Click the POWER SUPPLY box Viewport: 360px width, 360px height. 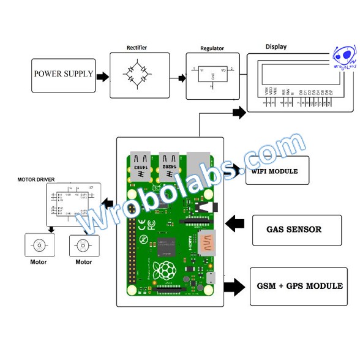coord(63,75)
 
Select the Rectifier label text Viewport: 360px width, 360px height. coord(137,48)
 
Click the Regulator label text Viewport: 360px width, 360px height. coord(212,48)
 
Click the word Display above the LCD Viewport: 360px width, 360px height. coord(276,47)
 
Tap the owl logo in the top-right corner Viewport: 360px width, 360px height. coord(343,58)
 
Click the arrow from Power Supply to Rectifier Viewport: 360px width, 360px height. coord(102,77)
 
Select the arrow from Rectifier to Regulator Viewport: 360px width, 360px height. coord(181,78)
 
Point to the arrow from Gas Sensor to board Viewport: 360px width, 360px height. coord(235,223)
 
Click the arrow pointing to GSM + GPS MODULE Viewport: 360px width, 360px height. coord(234,287)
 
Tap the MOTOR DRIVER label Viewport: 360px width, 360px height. coord(36,180)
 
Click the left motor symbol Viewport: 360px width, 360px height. coord(39,246)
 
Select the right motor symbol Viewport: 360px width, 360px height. coord(84,246)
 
